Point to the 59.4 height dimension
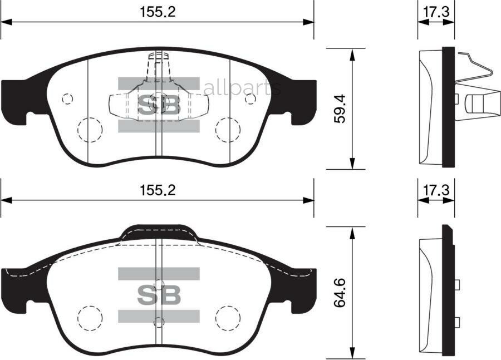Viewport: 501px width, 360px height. click(340, 109)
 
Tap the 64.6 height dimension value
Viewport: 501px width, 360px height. click(340, 294)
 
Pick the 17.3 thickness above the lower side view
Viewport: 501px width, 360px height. click(436, 190)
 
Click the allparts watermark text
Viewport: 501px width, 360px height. click(242, 88)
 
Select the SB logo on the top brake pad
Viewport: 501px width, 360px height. click(159, 105)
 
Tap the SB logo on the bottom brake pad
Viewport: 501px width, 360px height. click(159, 295)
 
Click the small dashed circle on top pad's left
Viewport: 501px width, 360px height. click(67, 98)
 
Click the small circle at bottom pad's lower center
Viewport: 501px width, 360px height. click(159, 322)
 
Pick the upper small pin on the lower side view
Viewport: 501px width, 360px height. click(457, 285)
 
